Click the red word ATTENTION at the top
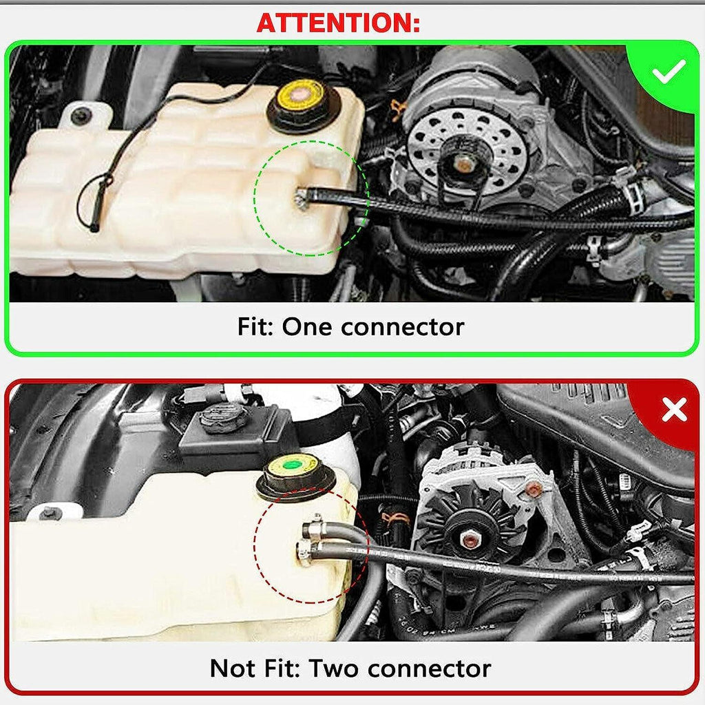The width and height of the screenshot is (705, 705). click(337, 23)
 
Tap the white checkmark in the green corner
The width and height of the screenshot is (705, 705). click(669, 71)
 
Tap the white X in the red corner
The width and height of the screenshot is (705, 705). click(674, 410)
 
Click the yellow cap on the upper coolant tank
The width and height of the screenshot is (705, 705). click(303, 98)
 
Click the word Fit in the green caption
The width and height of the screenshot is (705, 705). click(255, 326)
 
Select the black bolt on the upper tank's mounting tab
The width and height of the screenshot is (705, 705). click(78, 116)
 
